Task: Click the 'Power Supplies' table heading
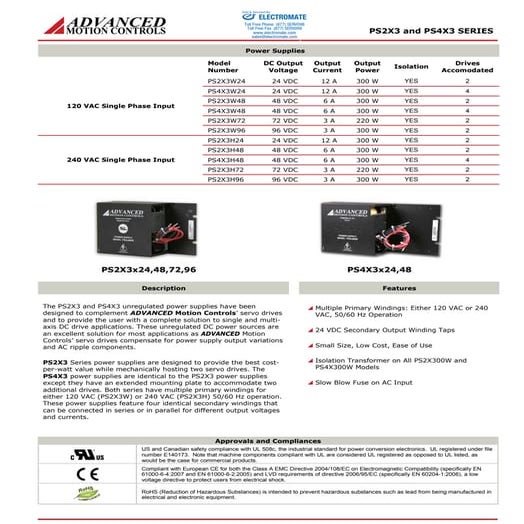261,48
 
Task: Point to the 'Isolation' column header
411,66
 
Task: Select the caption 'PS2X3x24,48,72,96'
149,269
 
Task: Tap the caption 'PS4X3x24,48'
378,269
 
